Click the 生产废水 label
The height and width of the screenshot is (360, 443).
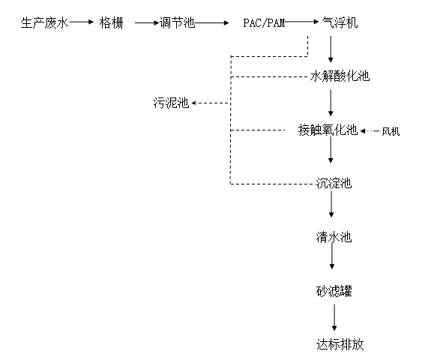pos(45,22)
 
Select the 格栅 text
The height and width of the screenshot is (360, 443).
pos(112,22)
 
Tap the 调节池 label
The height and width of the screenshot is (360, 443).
pos(177,22)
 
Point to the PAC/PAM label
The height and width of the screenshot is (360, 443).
pos(264,23)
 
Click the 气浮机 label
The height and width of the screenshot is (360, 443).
pos(340,22)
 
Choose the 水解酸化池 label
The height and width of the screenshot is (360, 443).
pos(340,76)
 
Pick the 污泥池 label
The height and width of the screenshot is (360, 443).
pos(171,103)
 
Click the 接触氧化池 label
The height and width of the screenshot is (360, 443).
pos(328,130)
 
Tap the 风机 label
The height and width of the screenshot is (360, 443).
pos(391,131)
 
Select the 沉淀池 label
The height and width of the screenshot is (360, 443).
pos(334,184)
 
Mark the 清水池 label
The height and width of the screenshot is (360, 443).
pos(334,237)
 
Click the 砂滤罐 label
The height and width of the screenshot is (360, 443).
pos(334,291)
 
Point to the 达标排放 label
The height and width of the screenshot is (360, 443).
pos(340,344)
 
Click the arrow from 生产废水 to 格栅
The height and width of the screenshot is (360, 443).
pos(82,22)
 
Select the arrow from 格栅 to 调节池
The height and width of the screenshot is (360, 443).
pos(147,22)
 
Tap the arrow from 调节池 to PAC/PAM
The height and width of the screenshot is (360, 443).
pos(212,22)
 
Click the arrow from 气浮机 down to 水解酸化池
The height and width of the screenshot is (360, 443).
pos(331,49)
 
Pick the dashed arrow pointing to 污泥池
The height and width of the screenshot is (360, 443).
pos(211,103)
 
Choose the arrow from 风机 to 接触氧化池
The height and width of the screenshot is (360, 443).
pos(370,131)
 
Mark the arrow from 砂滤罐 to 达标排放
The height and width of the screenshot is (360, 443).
pos(334,317)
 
